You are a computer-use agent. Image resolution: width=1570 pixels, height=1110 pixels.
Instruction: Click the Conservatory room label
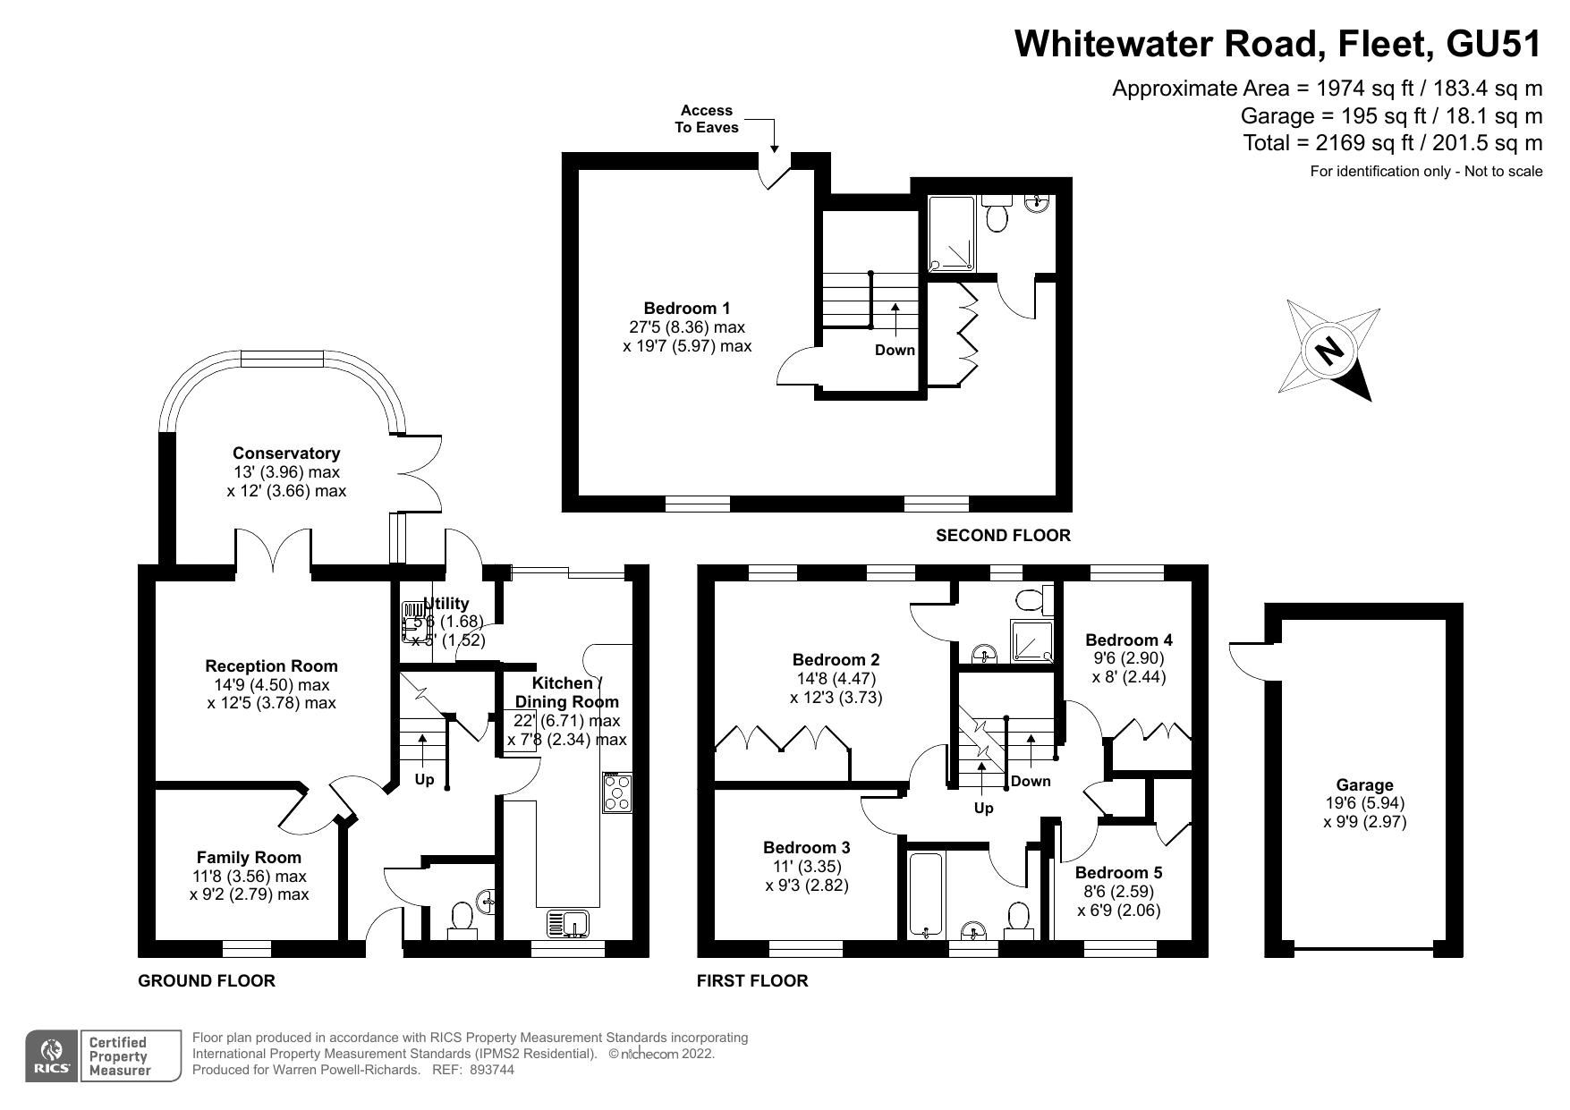tap(286, 453)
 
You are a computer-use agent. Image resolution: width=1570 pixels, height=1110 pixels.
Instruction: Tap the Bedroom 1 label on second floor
tap(687, 309)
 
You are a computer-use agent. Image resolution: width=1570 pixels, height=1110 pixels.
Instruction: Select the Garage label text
tap(1364, 784)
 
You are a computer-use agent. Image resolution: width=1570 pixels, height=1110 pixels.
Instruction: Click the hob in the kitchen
tap(616, 792)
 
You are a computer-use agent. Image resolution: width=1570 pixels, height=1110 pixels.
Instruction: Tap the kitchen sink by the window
tap(566, 923)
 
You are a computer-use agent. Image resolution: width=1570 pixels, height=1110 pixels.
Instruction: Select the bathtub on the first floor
tap(924, 894)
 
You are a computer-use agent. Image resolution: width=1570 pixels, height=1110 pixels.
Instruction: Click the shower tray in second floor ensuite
tap(952, 233)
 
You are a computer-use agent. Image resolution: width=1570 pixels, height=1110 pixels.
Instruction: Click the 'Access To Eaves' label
tap(706, 119)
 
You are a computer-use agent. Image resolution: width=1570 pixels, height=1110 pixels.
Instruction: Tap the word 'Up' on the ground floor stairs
tap(424, 779)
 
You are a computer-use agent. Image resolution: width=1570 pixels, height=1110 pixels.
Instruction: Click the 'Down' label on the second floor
tap(895, 350)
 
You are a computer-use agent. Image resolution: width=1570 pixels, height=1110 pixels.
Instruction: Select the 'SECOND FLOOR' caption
tap(1002, 535)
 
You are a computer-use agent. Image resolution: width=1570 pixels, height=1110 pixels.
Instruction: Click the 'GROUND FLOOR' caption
tap(206, 980)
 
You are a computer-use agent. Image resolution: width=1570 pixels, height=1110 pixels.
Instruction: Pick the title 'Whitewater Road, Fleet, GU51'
tap(1278, 43)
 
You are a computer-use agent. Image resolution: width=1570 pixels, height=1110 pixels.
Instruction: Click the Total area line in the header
tap(1392, 142)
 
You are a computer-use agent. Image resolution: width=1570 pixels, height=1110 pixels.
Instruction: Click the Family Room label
tap(249, 857)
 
